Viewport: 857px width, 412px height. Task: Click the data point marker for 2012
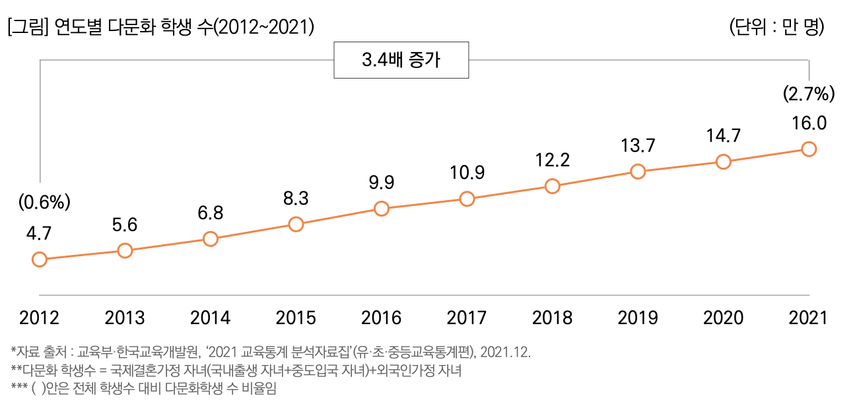coord(40,259)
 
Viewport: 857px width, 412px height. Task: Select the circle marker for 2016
coord(381,209)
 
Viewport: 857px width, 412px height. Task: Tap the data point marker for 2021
coord(808,149)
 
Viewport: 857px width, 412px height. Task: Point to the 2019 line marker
coord(638,172)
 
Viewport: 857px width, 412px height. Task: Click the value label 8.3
coord(296,198)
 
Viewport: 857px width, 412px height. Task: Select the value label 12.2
coord(553,160)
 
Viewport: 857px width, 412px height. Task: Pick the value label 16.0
coord(809,123)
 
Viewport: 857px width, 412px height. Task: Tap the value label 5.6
coord(125,224)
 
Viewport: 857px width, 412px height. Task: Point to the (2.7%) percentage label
coord(809,94)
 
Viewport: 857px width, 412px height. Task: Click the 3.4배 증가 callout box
coord(402,61)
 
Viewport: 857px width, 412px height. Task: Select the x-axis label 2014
coord(210,318)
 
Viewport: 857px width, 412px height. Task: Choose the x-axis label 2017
coord(467,318)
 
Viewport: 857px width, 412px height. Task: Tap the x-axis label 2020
coord(723,318)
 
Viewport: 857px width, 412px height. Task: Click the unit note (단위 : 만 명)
coord(776,28)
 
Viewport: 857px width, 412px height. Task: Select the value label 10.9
coord(467,173)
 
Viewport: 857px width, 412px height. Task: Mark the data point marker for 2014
coord(210,239)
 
